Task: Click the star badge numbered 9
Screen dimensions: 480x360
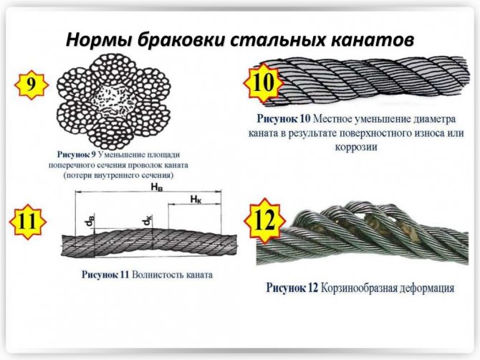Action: [32, 85]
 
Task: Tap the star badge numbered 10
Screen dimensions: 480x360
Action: [263, 82]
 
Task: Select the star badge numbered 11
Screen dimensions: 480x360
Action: [28, 221]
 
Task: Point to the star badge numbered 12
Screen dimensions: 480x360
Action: [265, 220]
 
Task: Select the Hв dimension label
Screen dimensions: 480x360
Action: [156, 187]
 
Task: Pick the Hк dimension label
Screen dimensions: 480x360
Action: [196, 199]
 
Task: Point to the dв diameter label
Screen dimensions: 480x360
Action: [90, 222]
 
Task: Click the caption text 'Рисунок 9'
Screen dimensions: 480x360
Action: [77, 155]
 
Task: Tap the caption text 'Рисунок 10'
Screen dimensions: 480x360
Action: [284, 119]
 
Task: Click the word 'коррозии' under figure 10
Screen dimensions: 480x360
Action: [356, 147]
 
